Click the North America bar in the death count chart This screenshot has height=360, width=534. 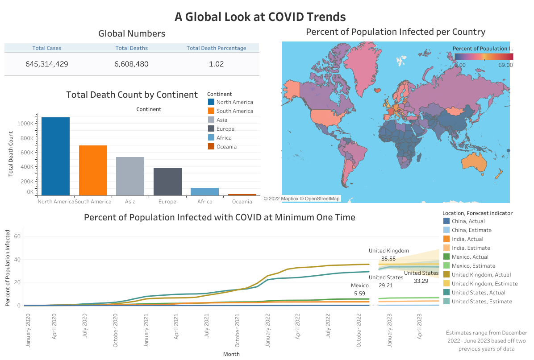[x=55, y=156]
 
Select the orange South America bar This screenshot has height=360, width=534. [x=93, y=170]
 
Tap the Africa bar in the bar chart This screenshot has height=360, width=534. [x=204, y=191]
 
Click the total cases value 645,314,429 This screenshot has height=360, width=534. [x=47, y=64]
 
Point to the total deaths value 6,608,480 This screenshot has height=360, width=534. [x=131, y=64]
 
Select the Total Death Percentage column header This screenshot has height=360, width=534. [x=216, y=48]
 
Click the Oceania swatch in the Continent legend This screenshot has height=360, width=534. [x=211, y=147]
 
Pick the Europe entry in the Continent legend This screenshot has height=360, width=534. [x=225, y=129]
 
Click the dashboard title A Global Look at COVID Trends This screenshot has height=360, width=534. [x=260, y=17]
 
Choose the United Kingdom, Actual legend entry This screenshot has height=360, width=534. [x=481, y=275]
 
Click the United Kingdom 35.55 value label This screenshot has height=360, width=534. [x=388, y=259]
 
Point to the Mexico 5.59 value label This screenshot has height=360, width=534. [x=360, y=294]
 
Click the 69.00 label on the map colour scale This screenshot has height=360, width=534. [x=505, y=65]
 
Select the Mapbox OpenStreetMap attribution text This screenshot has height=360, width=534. [x=301, y=199]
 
